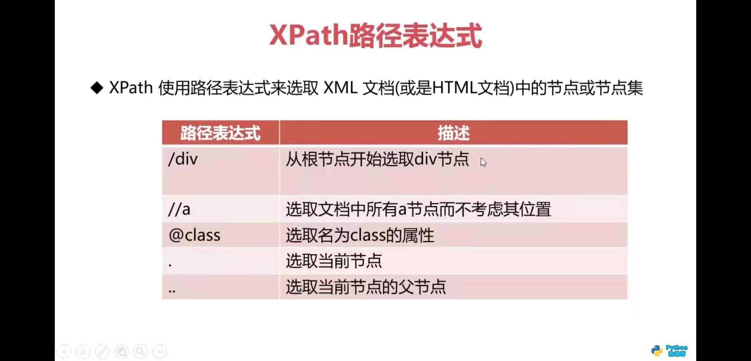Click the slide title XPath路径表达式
click(375, 35)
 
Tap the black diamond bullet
click(97, 88)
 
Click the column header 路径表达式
click(220, 133)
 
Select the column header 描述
click(453, 133)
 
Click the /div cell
click(183, 159)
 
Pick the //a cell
click(179, 210)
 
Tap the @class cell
click(194, 235)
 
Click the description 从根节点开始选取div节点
click(377, 159)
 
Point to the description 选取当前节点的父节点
click(366, 287)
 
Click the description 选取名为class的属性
click(360, 235)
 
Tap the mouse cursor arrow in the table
click(483, 162)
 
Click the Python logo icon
click(657, 351)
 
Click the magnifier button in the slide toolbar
click(140, 351)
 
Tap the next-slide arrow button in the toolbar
click(83, 351)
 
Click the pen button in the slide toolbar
click(102, 351)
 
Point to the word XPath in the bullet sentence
click(131, 88)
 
